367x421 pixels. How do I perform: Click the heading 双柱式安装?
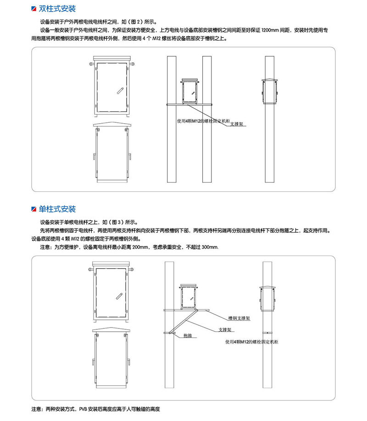point(57,9)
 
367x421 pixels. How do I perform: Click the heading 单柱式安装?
point(57,209)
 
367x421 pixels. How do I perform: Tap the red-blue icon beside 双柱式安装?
point(34,9)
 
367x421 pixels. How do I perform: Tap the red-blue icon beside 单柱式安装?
point(34,209)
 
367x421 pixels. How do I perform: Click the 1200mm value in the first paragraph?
point(270,30)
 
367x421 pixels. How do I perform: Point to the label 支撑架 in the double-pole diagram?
point(237,124)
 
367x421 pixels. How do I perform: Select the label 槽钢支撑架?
point(239,318)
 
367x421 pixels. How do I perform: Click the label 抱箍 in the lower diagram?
point(188,335)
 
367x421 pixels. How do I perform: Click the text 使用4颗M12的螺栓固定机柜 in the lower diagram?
point(252,342)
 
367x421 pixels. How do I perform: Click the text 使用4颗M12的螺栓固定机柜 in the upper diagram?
point(204,121)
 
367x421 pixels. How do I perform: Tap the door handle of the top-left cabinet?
point(120,91)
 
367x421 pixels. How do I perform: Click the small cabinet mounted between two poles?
point(190,91)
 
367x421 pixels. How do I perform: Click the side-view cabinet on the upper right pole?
point(269,91)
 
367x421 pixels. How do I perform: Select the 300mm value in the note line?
point(210,247)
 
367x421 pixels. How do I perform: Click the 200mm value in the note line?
point(140,247)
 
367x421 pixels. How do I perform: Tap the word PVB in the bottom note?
point(83,409)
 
